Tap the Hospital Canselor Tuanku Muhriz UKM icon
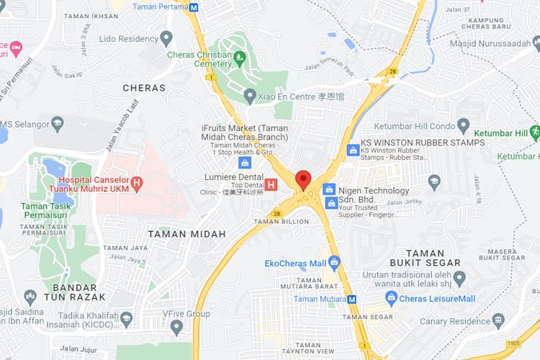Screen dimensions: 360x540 tap(137, 185)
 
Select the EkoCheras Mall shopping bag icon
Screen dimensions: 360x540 tap(333, 263)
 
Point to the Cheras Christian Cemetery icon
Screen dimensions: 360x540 tap(240, 55)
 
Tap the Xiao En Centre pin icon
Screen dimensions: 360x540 tap(250, 95)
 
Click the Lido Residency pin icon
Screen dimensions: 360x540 tap(166, 37)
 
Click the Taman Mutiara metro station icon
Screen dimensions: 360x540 tap(352, 299)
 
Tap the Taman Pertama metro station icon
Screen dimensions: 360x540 tap(194, 7)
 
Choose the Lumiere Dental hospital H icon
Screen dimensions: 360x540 tap(271, 185)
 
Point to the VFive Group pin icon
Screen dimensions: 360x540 tap(177, 327)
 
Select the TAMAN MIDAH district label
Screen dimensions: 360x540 tap(186, 233)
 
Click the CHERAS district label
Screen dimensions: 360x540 tap(144, 88)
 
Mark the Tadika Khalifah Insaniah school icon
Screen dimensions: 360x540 tap(126, 318)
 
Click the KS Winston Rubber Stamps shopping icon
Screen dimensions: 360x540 tap(353, 150)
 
